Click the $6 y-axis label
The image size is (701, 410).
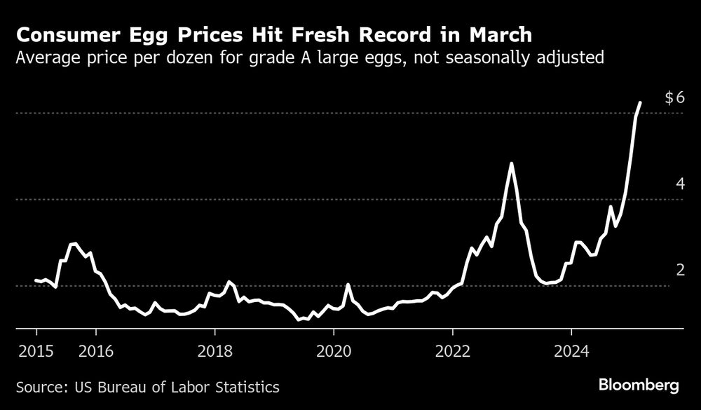(674, 98)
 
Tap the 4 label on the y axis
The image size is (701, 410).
(679, 184)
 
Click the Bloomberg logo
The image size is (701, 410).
(639, 385)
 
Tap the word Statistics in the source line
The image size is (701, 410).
(246, 386)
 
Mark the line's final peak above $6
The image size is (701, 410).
(640, 103)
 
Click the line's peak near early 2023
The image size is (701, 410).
(512, 163)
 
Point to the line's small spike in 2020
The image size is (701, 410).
(348, 285)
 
